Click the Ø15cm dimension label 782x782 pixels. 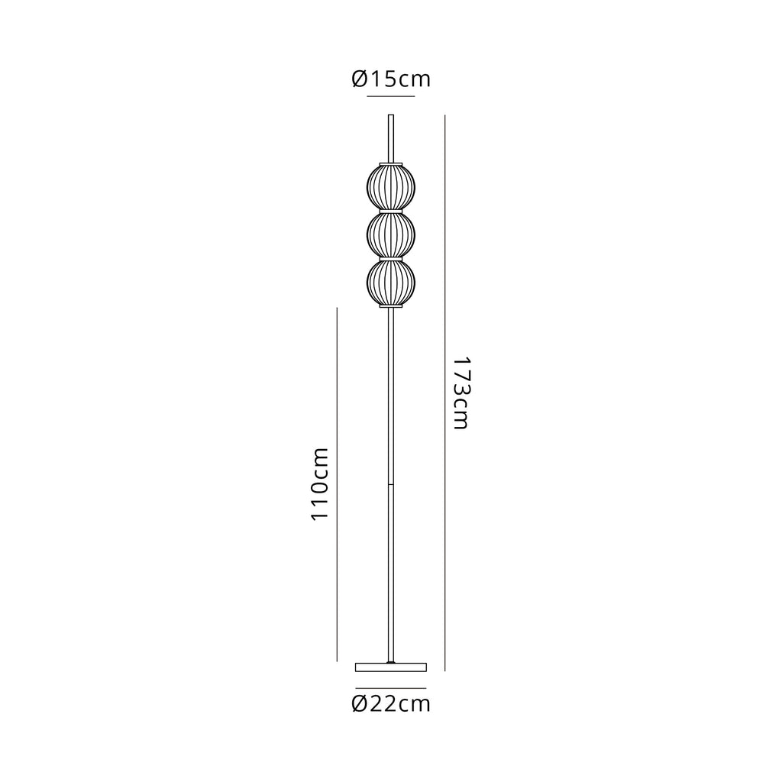[390, 79]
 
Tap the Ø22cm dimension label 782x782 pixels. [390, 703]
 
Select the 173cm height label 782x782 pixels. [460, 393]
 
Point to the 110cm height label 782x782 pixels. [320, 483]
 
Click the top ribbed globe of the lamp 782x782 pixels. [391, 188]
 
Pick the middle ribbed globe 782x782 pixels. [391, 234]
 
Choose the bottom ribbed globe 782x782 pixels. [391, 282]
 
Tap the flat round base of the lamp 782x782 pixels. [391, 667]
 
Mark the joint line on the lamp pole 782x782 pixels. [391, 483]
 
